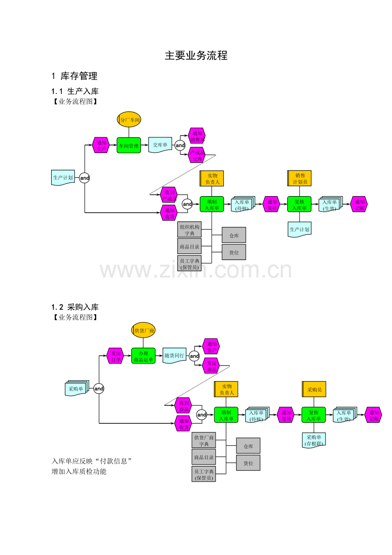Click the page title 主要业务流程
point(196,55)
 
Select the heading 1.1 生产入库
point(75,91)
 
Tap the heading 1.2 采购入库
point(75,307)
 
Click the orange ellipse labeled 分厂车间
point(129,120)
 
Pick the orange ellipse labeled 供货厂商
point(144,330)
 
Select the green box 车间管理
point(129,145)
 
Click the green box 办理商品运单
point(143,356)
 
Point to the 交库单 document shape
point(160,145)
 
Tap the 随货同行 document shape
point(174,356)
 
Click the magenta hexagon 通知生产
point(101,145)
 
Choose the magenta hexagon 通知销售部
point(197,136)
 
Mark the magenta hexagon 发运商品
point(211,366)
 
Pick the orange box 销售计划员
point(300,178)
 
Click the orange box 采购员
point(314,389)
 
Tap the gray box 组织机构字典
point(189,230)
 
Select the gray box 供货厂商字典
point(204,440)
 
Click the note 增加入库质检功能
point(79,471)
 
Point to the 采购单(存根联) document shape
point(314,439)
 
